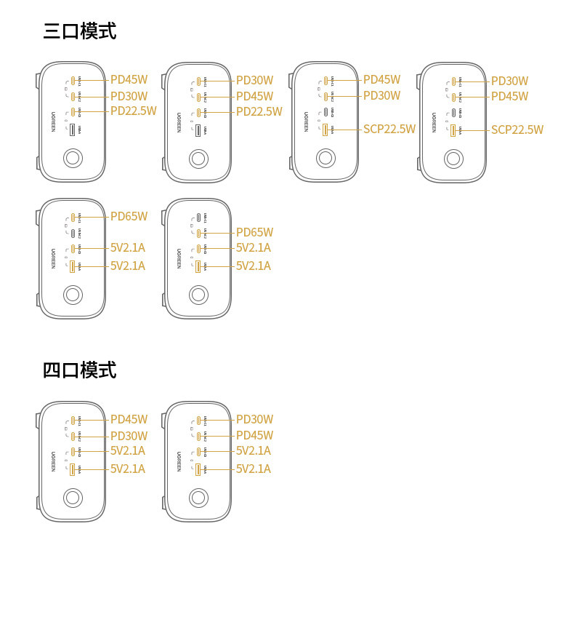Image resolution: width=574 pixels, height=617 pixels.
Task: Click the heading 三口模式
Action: pyautogui.click(x=79, y=31)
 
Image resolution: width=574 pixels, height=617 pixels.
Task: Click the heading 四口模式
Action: pyautogui.click(x=79, y=370)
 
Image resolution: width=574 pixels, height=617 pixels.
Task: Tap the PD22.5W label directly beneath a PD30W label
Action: pyautogui.click(x=259, y=111)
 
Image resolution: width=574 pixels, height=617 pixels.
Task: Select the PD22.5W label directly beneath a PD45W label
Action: pyautogui.click(x=133, y=111)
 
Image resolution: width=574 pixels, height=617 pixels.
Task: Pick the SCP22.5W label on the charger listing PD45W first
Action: pyautogui.click(x=389, y=129)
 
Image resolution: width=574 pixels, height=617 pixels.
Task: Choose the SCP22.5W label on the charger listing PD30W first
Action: pyautogui.click(x=517, y=130)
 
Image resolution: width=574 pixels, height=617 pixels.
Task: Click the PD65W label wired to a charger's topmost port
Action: pyautogui.click(x=129, y=216)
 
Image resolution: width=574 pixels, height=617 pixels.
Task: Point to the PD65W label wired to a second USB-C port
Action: pyautogui.click(x=254, y=232)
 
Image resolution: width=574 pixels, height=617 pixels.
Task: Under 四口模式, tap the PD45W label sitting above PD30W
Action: pyautogui.click(x=129, y=419)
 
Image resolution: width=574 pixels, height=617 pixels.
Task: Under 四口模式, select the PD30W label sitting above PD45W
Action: pyautogui.click(x=254, y=419)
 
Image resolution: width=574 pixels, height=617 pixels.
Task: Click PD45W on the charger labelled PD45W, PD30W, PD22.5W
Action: pyautogui.click(x=129, y=80)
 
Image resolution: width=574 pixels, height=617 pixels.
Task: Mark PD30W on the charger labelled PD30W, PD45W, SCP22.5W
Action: pyautogui.click(x=509, y=81)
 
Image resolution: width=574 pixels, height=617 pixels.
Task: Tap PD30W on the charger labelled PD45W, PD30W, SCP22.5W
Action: pyautogui.click(x=381, y=95)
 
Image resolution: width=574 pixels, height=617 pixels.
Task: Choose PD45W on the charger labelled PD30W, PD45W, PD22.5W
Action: pyautogui.click(x=254, y=96)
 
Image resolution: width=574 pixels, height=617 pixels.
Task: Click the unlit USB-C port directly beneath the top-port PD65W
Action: pyautogui.click(x=73, y=233)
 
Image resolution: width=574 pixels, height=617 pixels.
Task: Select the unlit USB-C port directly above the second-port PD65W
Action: pyautogui.click(x=198, y=217)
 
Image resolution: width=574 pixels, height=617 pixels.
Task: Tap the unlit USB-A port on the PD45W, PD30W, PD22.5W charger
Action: pyautogui.click(x=73, y=130)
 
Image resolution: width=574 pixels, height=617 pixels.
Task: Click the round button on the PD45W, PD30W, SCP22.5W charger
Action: pyautogui.click(x=326, y=158)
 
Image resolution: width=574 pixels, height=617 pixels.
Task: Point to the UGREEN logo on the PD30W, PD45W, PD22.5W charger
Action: pyautogui.click(x=179, y=122)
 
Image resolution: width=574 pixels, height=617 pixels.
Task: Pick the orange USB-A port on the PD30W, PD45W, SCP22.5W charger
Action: pyautogui.click(x=453, y=130)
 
